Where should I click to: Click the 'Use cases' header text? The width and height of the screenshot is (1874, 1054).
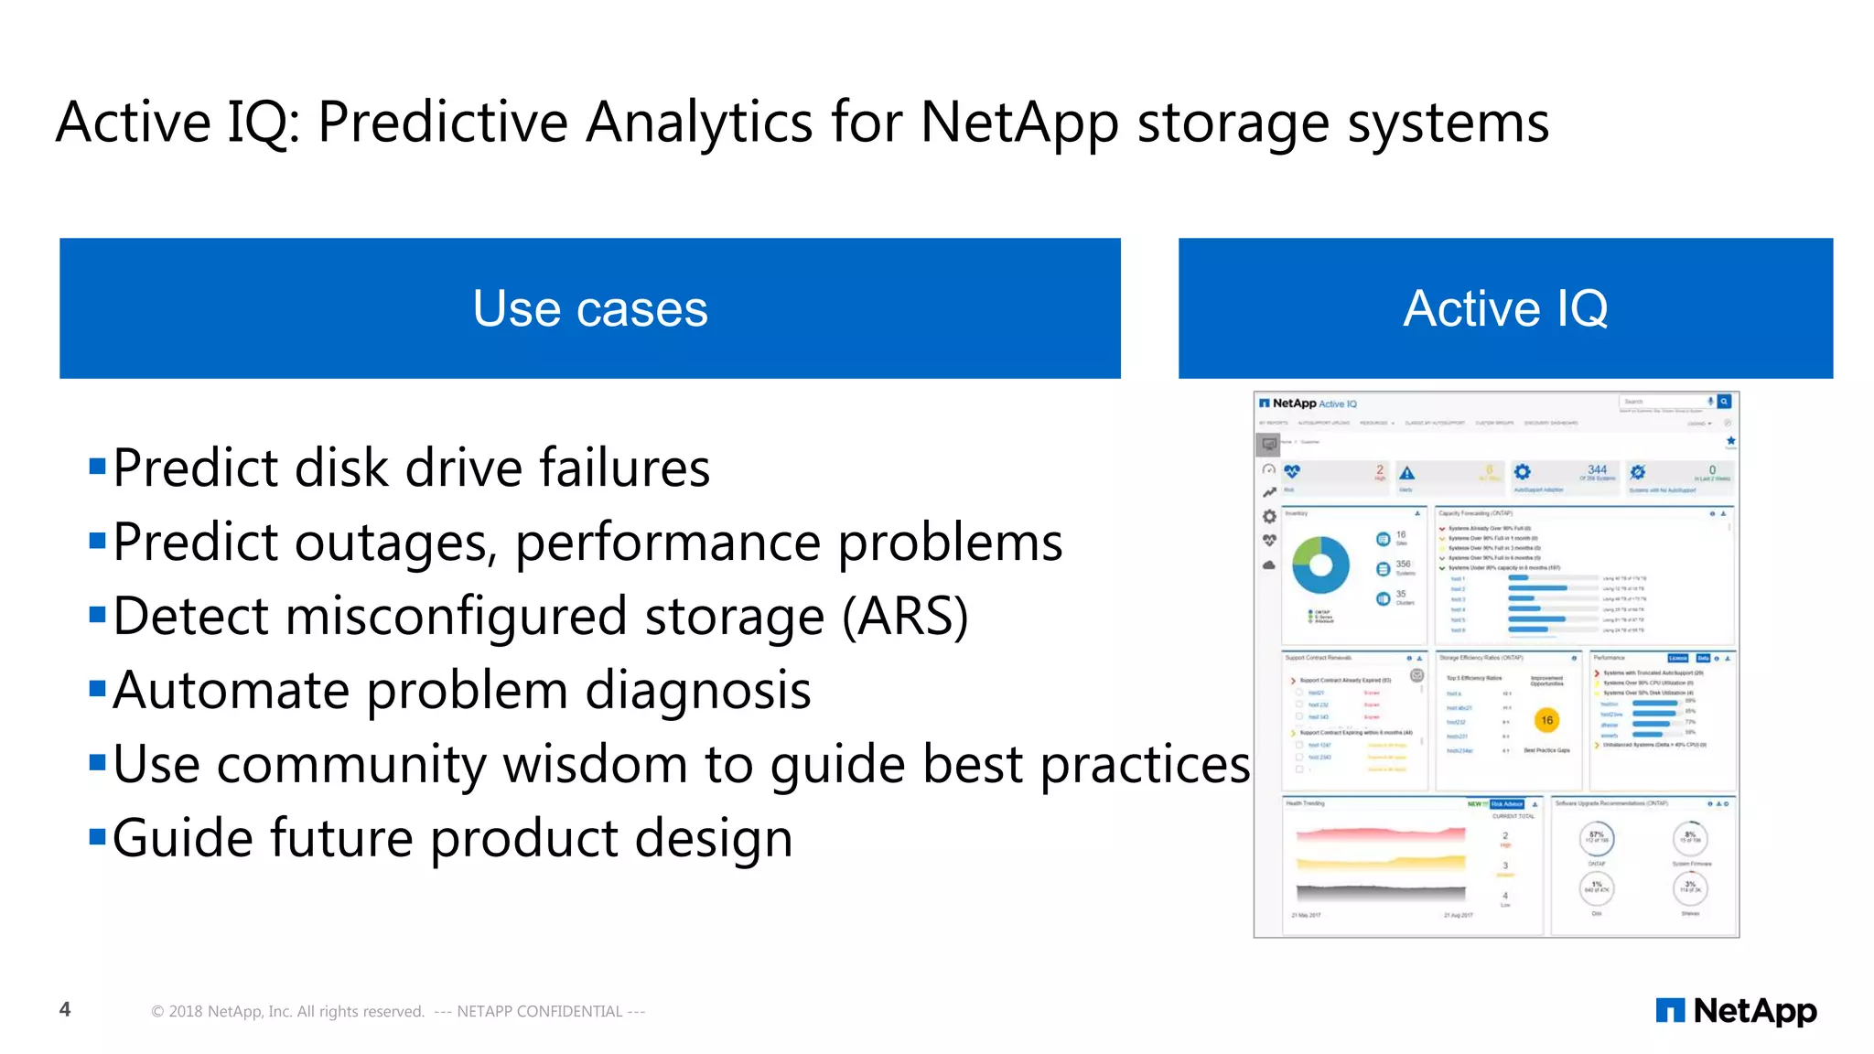tap(590, 309)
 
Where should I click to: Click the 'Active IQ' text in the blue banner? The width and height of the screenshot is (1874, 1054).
tap(1505, 309)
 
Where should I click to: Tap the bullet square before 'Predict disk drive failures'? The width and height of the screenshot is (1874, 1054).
tap(98, 467)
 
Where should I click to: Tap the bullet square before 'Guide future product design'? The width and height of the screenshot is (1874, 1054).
tap(98, 836)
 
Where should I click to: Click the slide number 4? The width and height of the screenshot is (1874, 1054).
tap(65, 1009)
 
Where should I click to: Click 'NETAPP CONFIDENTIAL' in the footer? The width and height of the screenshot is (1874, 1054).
tap(539, 1011)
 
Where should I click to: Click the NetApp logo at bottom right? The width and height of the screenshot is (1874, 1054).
tap(1736, 1010)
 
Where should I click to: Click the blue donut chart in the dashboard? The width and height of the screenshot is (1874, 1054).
tap(1320, 565)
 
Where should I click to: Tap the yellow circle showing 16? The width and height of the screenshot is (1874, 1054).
tap(1546, 720)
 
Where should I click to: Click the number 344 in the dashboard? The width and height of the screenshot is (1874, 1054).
tap(1597, 469)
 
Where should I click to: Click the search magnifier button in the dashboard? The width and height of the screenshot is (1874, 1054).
tap(1724, 402)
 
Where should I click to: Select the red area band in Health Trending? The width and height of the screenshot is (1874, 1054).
tap(1380, 834)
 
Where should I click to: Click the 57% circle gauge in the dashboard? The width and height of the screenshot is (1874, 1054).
tap(1597, 837)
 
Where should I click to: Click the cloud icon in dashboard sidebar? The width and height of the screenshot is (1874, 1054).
tap(1269, 565)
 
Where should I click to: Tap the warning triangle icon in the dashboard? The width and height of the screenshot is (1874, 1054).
tap(1407, 473)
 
